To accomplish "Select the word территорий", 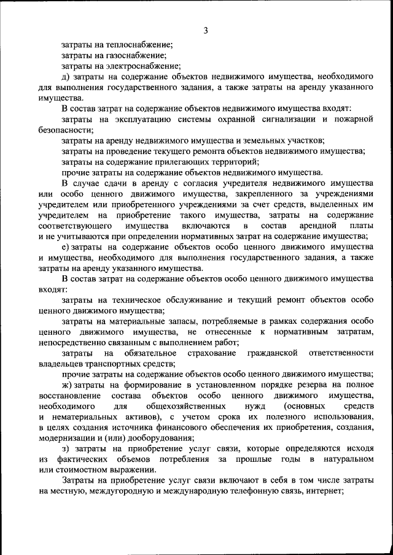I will [x=224, y=162].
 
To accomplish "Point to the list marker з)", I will [x=66, y=450].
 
